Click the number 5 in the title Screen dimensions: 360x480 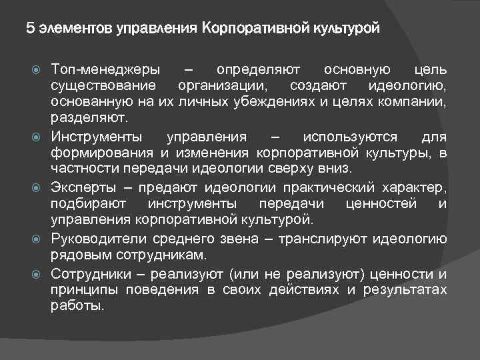point(30,29)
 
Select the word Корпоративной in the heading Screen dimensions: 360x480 point(249,29)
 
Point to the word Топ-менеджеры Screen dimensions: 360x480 point(105,69)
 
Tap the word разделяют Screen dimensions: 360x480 point(91,118)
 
